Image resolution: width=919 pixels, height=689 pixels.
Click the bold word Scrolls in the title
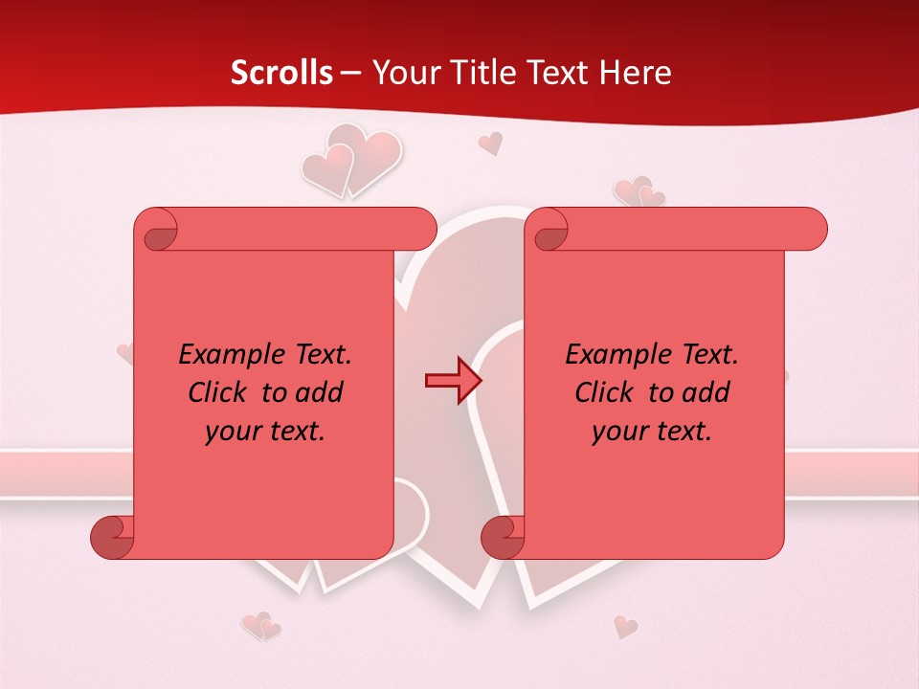pos(281,73)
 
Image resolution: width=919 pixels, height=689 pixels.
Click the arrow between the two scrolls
pos(451,381)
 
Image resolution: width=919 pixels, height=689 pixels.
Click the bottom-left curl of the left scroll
pos(112,538)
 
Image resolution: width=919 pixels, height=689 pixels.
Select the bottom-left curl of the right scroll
pos(503,538)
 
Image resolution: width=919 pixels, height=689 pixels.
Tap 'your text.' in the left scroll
pos(265,431)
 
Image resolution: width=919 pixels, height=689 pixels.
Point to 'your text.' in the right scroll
pos(652,431)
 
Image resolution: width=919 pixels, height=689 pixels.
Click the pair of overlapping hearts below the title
pos(350,159)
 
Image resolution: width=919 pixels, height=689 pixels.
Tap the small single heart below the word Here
pos(490,144)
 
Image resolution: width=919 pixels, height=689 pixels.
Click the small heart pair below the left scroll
pos(260,627)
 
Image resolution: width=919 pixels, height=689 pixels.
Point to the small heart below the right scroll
pos(625,627)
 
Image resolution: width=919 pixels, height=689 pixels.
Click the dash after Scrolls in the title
pos(350,74)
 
